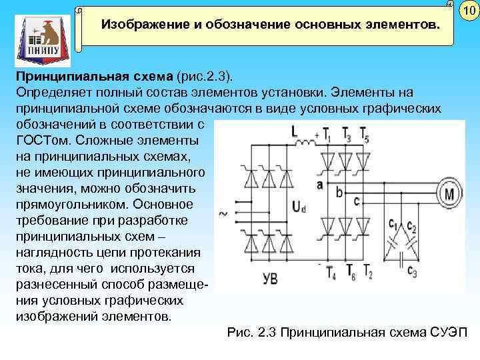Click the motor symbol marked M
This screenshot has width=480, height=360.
(x=449, y=194)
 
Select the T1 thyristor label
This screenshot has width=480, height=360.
(x=327, y=135)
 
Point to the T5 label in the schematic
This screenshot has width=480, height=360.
(x=364, y=135)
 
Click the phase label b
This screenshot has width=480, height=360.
(x=340, y=193)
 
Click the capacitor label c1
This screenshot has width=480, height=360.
(x=393, y=225)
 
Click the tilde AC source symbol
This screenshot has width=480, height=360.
(x=221, y=214)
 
